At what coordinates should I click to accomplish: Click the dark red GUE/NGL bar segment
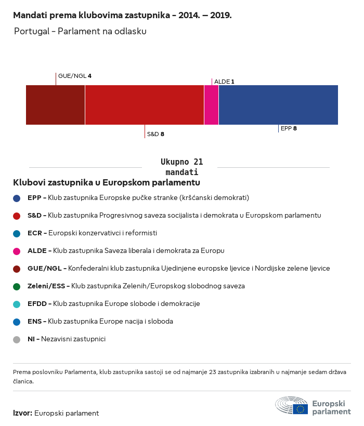point(56,105)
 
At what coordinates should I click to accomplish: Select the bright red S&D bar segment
point(145,105)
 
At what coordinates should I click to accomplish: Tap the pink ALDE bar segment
point(211,105)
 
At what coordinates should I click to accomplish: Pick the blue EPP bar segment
point(278,105)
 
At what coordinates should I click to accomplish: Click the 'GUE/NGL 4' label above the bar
point(75,76)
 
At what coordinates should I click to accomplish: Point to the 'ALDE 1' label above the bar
point(224,82)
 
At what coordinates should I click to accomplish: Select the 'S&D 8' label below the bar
point(155,134)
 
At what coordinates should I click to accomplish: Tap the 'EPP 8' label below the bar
point(289,128)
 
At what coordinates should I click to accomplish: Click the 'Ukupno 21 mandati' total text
point(182,167)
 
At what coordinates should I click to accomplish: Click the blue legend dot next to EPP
point(17,198)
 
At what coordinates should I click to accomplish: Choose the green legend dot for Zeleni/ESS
point(17,287)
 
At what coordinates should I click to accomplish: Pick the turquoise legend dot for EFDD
point(17,304)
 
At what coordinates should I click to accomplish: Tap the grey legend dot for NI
point(17,340)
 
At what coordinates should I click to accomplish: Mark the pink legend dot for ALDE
point(17,251)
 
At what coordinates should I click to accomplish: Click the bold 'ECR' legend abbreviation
point(35,233)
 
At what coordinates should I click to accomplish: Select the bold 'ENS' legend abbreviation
point(35,322)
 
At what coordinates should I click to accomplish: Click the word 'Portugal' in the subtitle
point(32,32)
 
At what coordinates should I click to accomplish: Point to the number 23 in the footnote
point(212,372)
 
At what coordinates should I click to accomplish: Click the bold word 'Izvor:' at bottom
point(22,413)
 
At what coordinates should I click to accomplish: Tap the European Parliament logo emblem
point(291,405)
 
